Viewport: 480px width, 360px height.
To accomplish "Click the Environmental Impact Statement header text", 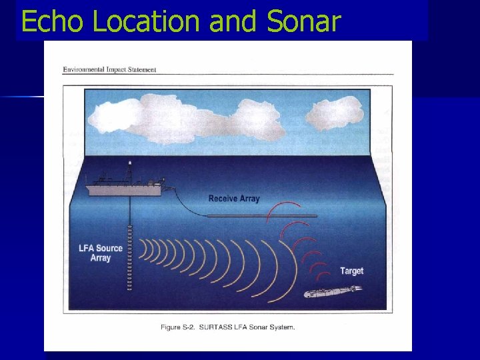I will (109, 69).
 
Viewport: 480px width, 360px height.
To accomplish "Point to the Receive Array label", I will (233, 199).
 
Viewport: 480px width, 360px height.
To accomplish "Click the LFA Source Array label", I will (101, 253).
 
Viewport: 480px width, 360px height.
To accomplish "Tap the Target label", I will (351, 271).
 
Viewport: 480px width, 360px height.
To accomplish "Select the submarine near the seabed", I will (331, 292).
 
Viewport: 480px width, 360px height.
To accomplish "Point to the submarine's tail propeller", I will (359, 289).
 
